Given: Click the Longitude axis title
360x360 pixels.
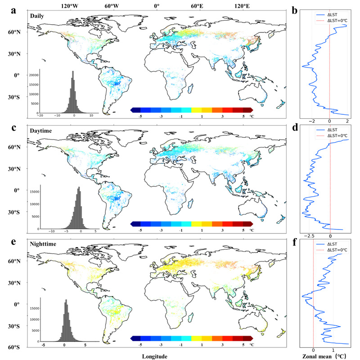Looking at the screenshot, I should (x=155, y=356).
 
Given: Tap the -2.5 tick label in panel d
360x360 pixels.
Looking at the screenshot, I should (x=310, y=235).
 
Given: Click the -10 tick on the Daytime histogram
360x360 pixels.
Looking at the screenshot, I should (x=52, y=231).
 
